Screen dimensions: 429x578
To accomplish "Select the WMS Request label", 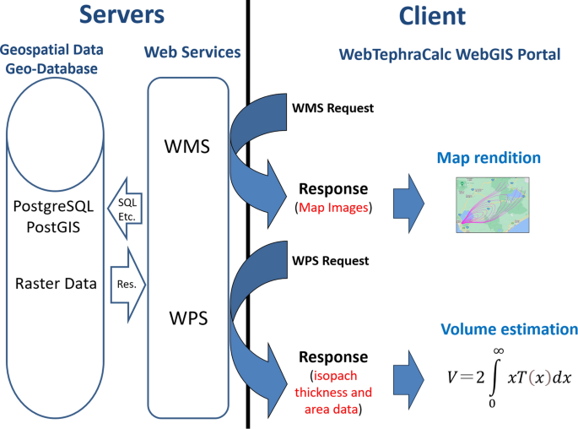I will pos(332,108).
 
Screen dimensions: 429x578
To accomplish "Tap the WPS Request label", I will pos(332,260).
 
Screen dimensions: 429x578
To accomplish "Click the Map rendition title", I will pos(488,158).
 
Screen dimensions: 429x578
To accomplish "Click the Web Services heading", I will pos(192,52).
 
